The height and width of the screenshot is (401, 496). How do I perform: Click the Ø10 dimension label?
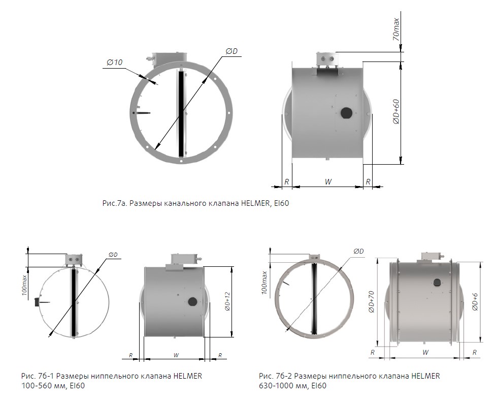(x=115, y=63)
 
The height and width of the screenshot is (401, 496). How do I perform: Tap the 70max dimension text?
(x=395, y=29)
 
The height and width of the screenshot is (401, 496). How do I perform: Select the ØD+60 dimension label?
(x=396, y=112)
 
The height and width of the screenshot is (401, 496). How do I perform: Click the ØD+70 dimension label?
(x=372, y=301)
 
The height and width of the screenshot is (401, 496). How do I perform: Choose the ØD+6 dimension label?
(x=475, y=302)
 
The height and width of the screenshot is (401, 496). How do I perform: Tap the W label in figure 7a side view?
(x=328, y=182)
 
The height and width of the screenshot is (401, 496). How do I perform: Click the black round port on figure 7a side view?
(x=347, y=113)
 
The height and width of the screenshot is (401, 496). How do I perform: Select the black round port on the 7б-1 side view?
(x=192, y=301)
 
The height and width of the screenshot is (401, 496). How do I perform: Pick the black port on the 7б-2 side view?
(x=438, y=283)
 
